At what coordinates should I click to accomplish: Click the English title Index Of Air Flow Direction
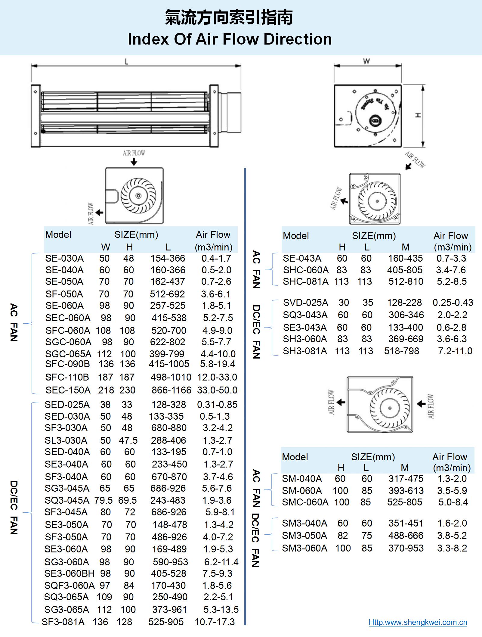pyautogui.click(x=230, y=39)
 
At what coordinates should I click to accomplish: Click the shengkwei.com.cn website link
pyautogui.click(x=418, y=622)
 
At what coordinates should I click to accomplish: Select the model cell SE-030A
pyautogui.click(x=64, y=258)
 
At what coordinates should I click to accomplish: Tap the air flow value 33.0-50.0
pyautogui.click(x=217, y=390)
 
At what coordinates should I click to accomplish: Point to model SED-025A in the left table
pyautogui.click(x=67, y=405)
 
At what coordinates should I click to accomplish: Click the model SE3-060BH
pyautogui.click(x=70, y=573)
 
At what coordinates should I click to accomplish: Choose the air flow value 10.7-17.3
pyautogui.click(x=215, y=622)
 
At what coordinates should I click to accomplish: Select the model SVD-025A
pyautogui.click(x=306, y=303)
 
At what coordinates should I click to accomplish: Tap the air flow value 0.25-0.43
pyautogui.click(x=453, y=303)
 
